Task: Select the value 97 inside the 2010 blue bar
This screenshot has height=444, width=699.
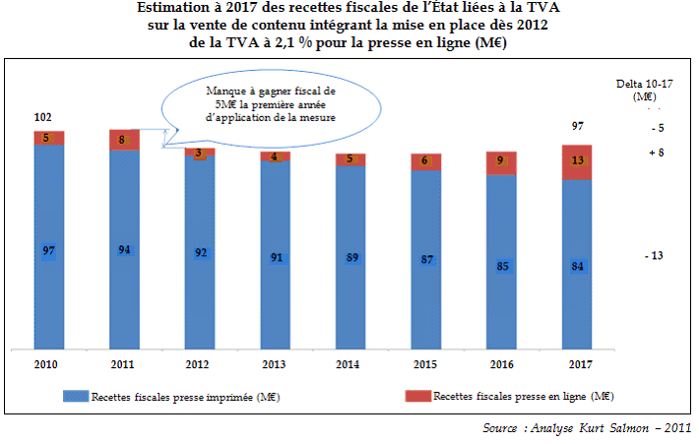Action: (x=48, y=251)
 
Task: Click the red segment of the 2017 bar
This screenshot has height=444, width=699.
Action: (x=578, y=162)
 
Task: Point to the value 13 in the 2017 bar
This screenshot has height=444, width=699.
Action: (x=578, y=161)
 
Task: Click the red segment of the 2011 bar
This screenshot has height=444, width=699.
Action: (x=124, y=140)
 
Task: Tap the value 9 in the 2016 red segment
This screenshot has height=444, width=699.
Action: (x=502, y=160)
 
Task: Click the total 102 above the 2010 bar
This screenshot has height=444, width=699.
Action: (x=42, y=117)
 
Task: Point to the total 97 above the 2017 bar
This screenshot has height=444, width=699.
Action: (x=578, y=127)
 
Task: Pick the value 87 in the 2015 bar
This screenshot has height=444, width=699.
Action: (x=426, y=261)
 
